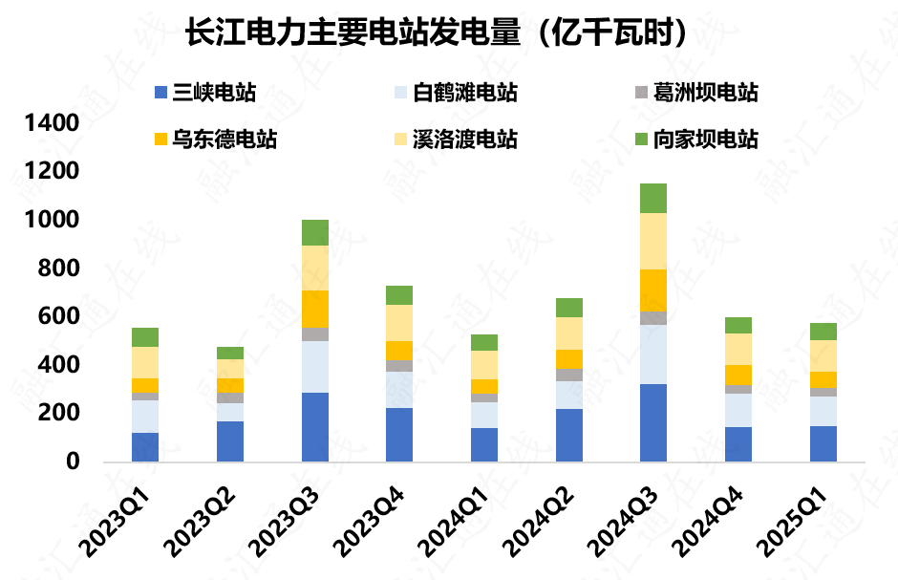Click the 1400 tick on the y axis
[x=52, y=123]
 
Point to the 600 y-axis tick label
[x=59, y=316]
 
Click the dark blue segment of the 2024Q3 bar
[x=653, y=422]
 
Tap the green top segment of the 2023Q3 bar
[x=314, y=232]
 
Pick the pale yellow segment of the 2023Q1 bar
[x=145, y=362]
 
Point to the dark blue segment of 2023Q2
[x=230, y=441]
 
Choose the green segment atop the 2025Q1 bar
[x=823, y=332]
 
